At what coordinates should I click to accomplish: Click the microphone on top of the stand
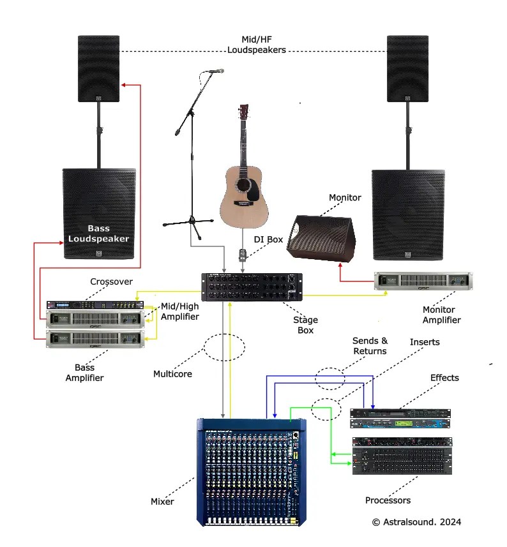pyautogui.click(x=215, y=71)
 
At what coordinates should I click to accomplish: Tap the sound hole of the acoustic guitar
pyautogui.click(x=245, y=186)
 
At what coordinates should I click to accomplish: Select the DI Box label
pyautogui.click(x=268, y=239)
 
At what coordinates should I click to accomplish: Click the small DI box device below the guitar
pyautogui.click(x=243, y=255)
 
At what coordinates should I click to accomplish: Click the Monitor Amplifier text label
pyautogui.click(x=441, y=315)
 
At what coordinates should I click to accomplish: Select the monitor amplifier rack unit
pyautogui.click(x=423, y=281)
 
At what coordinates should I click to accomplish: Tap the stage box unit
pyautogui.click(x=252, y=288)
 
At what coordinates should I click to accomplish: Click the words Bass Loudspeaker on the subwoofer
pyautogui.click(x=99, y=234)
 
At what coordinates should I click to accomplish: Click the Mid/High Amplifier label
pyautogui.click(x=179, y=311)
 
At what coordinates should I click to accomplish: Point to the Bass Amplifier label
pyautogui.click(x=84, y=373)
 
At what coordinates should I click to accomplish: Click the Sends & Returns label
pyautogui.click(x=370, y=346)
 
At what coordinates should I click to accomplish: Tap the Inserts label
pyautogui.click(x=425, y=342)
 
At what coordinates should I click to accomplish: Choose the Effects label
pyautogui.click(x=444, y=377)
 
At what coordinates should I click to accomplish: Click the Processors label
pyautogui.click(x=388, y=500)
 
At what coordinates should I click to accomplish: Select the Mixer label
pyautogui.click(x=162, y=501)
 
